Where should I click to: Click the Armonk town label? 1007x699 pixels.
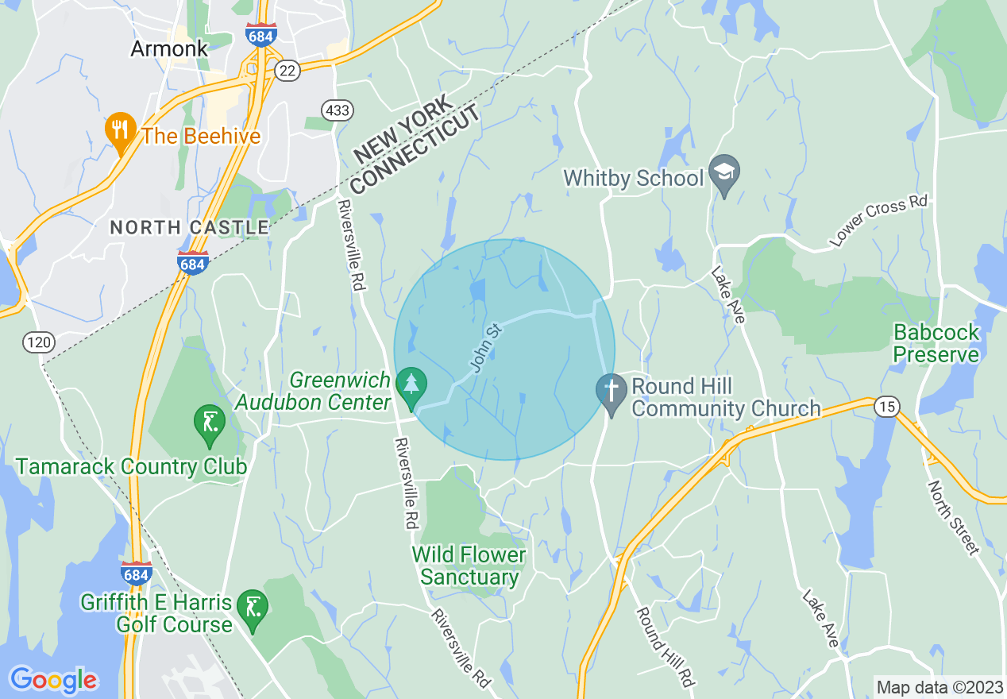coord(169,48)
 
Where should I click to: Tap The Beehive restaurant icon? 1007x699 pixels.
coord(119,133)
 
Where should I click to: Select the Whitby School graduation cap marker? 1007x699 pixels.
coord(724,173)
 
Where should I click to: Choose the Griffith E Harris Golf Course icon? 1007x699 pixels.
coord(253,609)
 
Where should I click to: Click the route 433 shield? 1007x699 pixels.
coord(338,110)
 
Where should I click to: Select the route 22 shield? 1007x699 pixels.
coord(287,71)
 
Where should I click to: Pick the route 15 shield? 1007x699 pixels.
coord(886,407)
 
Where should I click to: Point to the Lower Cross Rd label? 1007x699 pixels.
coord(878,222)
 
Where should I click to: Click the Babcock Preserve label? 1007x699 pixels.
coord(936,343)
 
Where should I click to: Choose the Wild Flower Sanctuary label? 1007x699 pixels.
coord(469,566)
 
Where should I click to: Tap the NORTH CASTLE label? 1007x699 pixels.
coord(189,228)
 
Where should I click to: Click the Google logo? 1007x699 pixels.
coord(53,679)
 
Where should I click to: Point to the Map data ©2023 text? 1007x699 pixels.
coord(938,687)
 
